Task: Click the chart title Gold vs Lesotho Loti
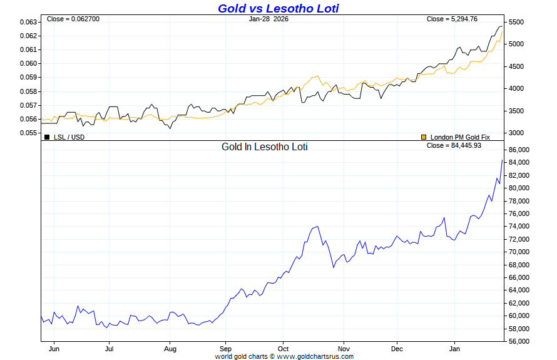(x=278, y=8)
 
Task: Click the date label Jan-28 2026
(x=268, y=19)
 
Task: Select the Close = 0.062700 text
(x=73, y=19)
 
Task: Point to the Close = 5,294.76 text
(x=452, y=19)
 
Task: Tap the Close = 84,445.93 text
(x=453, y=145)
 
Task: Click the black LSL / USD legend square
(x=47, y=136)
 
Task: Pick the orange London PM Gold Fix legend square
(x=424, y=136)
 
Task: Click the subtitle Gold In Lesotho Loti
(x=265, y=147)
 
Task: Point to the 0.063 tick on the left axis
(x=28, y=22)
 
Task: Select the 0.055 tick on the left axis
(x=28, y=133)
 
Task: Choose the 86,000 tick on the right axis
(x=521, y=150)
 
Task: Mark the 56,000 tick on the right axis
(x=521, y=342)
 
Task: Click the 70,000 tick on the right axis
(x=521, y=252)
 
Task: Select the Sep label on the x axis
(x=226, y=349)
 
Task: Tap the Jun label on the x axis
(x=54, y=349)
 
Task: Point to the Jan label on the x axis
(x=455, y=349)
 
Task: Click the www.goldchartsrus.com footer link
(x=315, y=356)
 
